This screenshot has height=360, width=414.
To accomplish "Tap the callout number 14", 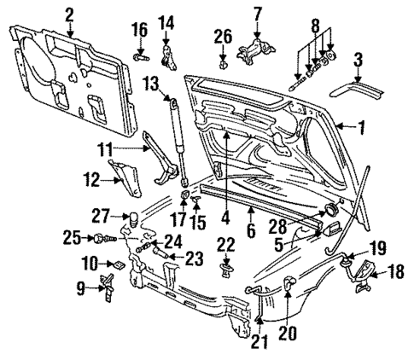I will pos(167,21).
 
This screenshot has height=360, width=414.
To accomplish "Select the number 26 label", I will pos(223,37).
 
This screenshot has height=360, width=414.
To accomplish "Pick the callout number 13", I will pos(151,83).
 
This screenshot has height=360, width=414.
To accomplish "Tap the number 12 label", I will pos(94,178).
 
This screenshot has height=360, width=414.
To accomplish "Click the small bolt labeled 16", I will pos(143,60).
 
